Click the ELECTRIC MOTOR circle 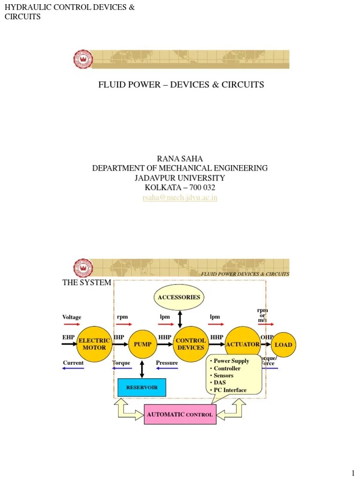(94, 344)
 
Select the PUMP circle (142, 344)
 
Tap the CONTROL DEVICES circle (190, 344)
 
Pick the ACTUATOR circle (242, 344)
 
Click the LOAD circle (283, 345)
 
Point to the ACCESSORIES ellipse (179, 297)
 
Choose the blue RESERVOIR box (142, 387)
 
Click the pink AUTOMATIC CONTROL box (180, 414)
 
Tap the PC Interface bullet (230, 390)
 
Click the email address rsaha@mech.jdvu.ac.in (180, 198)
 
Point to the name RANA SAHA (180, 159)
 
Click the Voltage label (72, 317)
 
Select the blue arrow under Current (73, 368)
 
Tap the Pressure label (167, 363)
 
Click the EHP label (68, 337)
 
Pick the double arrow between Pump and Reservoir (142, 369)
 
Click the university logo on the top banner (83, 60)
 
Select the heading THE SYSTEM (87, 283)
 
